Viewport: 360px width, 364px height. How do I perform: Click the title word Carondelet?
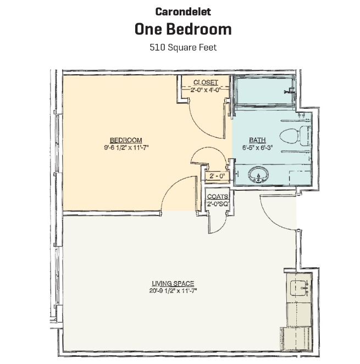coord(183,12)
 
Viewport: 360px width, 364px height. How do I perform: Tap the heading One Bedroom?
coord(183,29)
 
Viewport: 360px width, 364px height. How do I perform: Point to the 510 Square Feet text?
coord(183,47)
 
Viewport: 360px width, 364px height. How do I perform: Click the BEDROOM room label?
coord(126,140)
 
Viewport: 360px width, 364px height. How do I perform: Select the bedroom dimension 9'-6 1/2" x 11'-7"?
coord(126,148)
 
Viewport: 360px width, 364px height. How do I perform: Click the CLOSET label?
coord(206,82)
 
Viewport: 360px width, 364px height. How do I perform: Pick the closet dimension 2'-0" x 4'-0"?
coord(205,90)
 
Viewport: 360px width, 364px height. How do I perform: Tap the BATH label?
coord(257,140)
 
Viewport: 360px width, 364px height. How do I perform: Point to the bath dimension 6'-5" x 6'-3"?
coord(257,148)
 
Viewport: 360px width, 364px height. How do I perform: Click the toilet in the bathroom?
coord(295,136)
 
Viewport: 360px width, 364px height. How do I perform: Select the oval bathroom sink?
coord(258,174)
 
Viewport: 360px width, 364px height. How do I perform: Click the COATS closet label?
coord(218,196)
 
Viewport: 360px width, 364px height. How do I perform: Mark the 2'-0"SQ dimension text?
coord(218,204)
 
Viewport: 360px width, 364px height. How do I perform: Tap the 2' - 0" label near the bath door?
coord(217,176)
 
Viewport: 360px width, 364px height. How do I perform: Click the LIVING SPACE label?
coord(173,283)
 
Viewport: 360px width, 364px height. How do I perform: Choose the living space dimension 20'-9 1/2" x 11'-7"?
coord(173,291)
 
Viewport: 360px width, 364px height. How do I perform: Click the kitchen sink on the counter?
coord(300,288)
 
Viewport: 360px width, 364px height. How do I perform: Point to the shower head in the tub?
coord(290,91)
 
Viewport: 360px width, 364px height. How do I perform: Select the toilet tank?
coord(305,136)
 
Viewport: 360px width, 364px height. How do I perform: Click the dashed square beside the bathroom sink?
coord(300,178)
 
